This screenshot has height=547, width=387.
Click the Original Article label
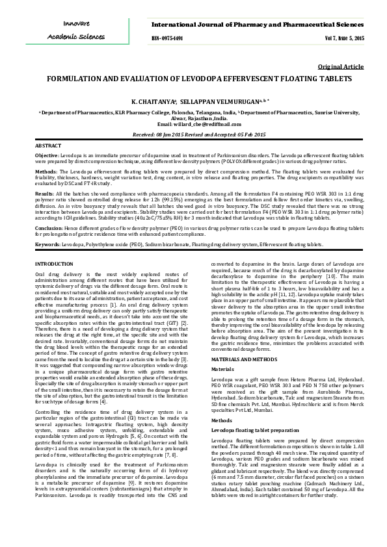point(340,67)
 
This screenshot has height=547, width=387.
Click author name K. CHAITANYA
point(153,102)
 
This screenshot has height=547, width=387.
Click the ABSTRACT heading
point(47,146)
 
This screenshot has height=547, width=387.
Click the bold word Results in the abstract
point(44,193)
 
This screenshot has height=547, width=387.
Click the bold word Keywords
point(47,244)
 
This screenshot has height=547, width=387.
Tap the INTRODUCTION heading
point(54,263)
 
